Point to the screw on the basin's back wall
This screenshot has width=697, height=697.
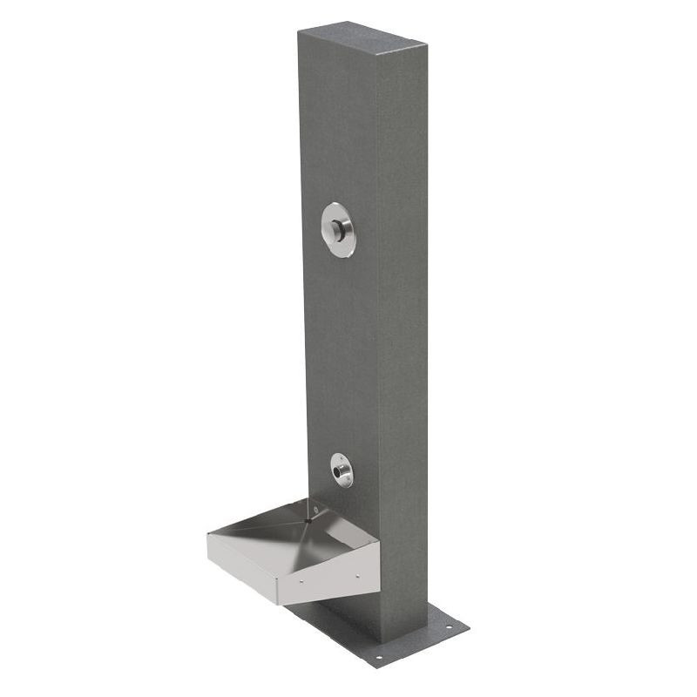(x=315, y=507)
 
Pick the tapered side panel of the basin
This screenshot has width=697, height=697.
(x=331, y=575)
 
